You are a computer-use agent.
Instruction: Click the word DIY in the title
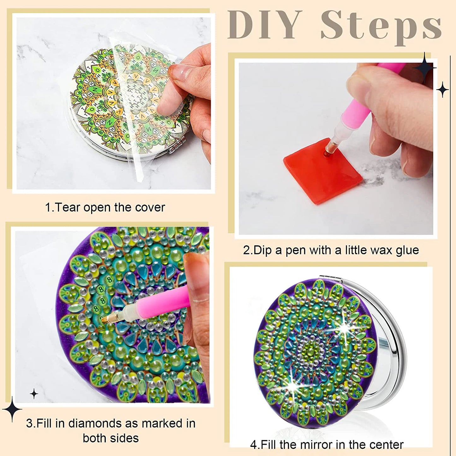[x=265, y=25]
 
